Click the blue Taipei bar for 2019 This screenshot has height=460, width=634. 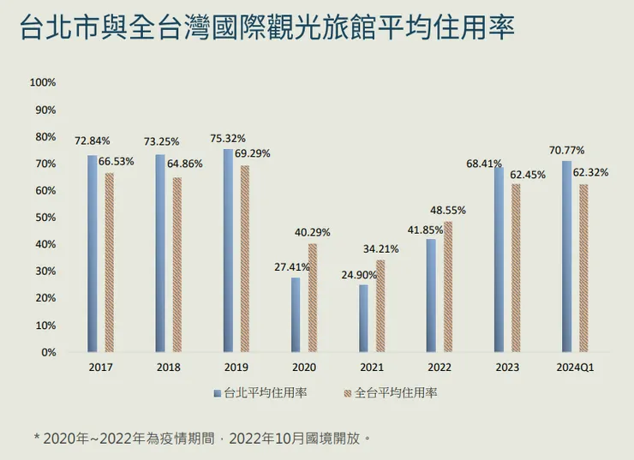pos(228,250)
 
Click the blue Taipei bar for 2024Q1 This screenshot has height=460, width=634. pos(566,256)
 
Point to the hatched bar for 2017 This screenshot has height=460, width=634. pos(110,262)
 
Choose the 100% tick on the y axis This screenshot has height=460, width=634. pos(42,83)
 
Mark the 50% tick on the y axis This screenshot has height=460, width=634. pos(45,218)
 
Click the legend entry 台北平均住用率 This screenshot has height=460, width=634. pos(260,392)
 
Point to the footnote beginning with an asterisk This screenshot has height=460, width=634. pos(202,438)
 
